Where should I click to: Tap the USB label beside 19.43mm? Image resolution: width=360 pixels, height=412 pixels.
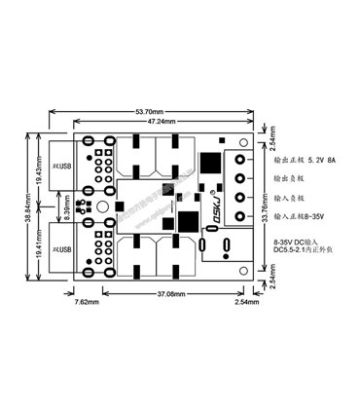(63, 166)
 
